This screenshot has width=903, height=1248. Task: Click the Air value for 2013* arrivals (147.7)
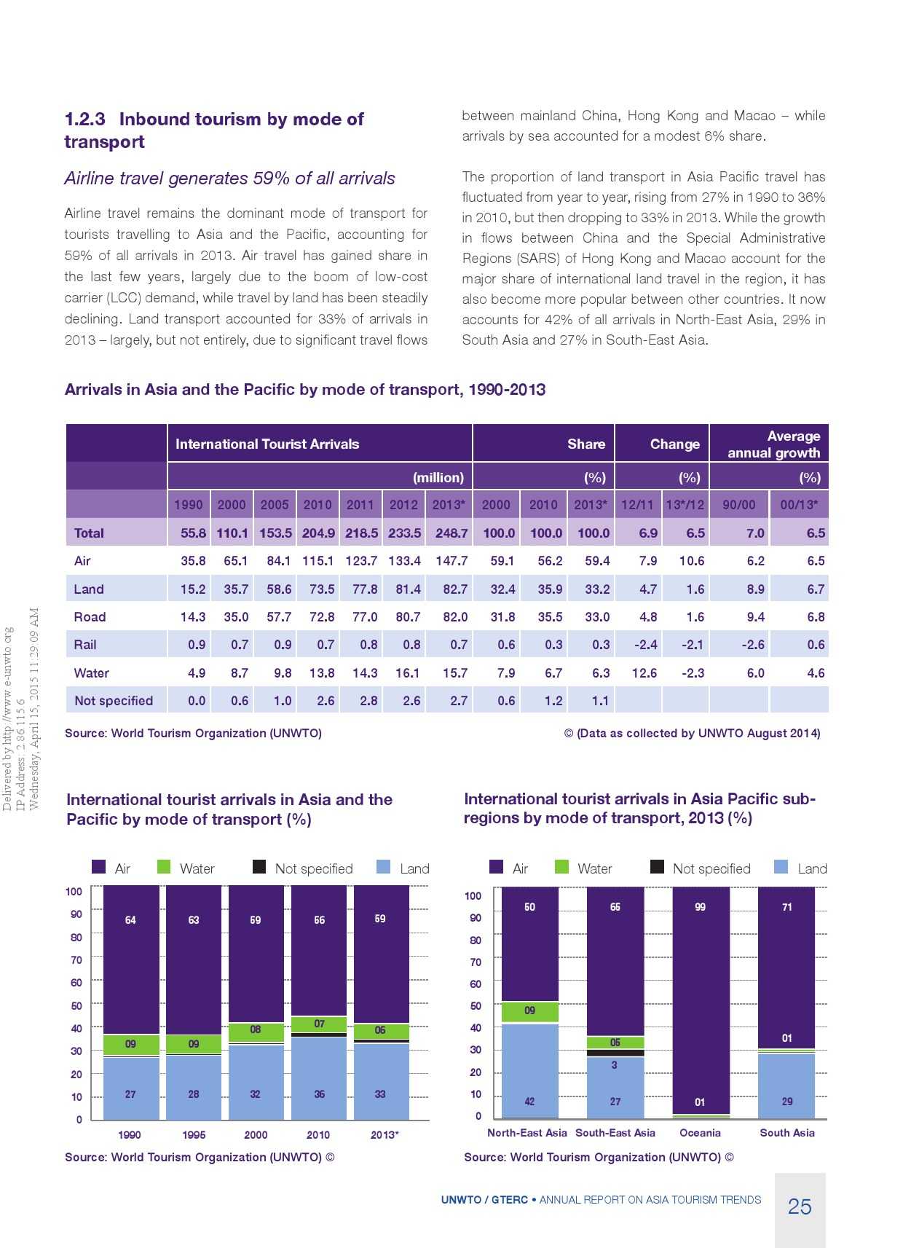pos(451,561)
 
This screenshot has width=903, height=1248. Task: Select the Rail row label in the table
pos(85,645)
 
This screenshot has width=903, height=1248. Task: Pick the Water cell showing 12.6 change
pos(644,673)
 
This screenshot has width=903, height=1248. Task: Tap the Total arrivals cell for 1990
pos(193,533)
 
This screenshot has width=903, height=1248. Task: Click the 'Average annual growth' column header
pos(773,444)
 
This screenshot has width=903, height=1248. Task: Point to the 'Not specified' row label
pos(114,701)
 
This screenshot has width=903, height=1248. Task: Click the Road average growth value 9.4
pos(755,617)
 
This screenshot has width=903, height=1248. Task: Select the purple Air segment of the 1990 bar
pos(131,958)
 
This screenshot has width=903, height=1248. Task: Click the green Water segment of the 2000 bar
pos(256,1032)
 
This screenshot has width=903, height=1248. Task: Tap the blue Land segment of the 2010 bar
pos(319,1078)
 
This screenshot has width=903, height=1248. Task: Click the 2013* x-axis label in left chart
pos(384,1135)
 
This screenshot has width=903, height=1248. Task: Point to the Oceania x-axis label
pos(700,1133)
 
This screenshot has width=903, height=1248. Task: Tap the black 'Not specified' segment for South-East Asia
pos(615,1053)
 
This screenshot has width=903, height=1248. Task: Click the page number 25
pos(800,1207)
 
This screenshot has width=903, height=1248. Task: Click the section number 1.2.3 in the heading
pos(84,119)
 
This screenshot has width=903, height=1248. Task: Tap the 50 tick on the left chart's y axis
pos(76,1005)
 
